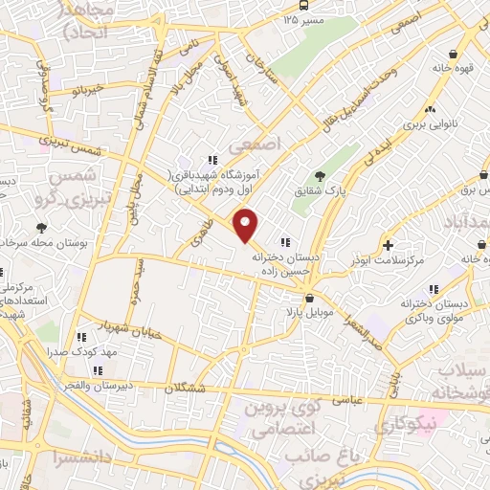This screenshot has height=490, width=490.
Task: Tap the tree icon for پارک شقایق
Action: pyautogui.click(x=320, y=175)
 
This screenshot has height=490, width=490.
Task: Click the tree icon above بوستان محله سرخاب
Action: pyautogui.click(x=40, y=228)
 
